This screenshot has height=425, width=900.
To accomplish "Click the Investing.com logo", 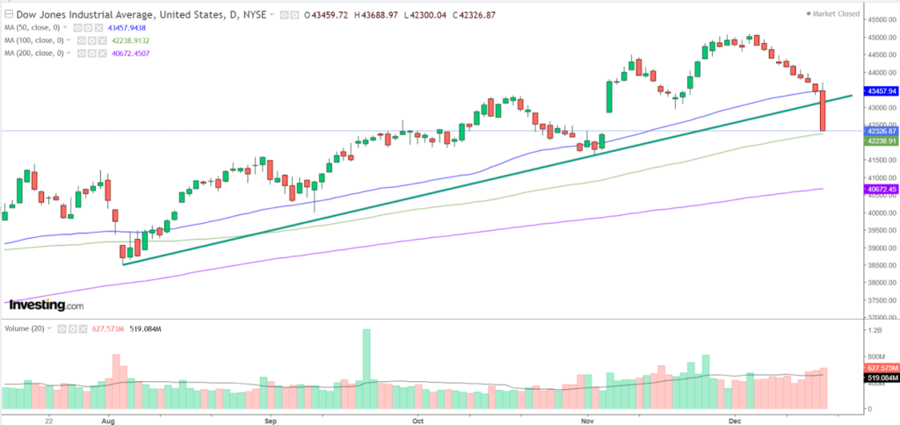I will click(x=47, y=305).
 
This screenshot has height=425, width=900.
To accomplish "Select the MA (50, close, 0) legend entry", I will click(x=33, y=27).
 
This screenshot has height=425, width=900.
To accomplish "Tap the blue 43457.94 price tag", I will click(x=881, y=90).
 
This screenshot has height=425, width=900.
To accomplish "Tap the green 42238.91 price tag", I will click(x=881, y=140).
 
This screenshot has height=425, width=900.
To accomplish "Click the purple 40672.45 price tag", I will click(x=881, y=189).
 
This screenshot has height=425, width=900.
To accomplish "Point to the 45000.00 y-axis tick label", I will click(x=882, y=37).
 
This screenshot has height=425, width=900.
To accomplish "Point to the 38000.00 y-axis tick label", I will click(x=882, y=283).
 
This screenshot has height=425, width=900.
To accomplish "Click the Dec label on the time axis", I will click(x=735, y=421).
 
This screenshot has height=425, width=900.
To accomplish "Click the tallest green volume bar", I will click(x=367, y=369).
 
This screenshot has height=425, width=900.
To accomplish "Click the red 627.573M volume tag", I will click(x=881, y=367).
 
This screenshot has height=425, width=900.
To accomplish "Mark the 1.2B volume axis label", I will click(x=875, y=330).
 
